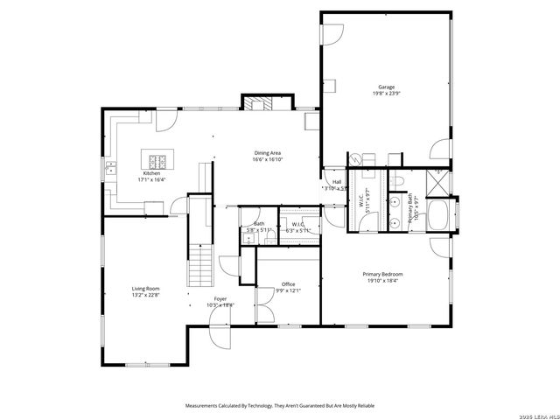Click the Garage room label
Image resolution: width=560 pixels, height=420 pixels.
point(386,87)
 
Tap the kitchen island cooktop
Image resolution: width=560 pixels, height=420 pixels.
point(159,160)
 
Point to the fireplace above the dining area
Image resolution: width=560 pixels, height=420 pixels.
point(257,103)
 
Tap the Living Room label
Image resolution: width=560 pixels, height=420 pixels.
point(145,288)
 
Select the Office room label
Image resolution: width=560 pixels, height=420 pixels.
point(288,283)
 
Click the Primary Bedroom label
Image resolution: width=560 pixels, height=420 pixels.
point(382,274)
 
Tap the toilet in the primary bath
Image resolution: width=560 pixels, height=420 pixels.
point(398,180)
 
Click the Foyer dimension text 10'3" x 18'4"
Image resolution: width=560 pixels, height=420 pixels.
point(220,304)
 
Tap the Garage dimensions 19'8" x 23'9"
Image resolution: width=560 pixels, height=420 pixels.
point(386,94)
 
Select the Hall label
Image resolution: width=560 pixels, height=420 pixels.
point(337,181)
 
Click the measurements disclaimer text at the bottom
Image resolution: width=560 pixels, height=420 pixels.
point(279,406)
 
